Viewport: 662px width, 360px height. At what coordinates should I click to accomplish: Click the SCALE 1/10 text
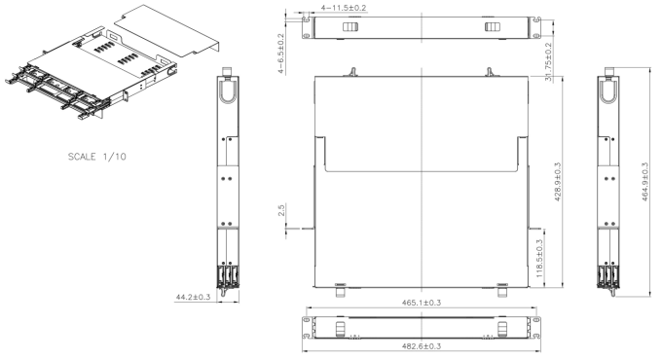97,157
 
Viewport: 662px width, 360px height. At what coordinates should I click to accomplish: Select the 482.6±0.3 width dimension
421,346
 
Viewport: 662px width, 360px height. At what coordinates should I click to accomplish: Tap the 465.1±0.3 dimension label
422,303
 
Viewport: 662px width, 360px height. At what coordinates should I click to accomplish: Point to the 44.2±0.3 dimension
193,297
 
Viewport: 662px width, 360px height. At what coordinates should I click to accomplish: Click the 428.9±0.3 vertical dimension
557,182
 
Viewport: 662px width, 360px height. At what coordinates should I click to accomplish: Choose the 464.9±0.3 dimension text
644,182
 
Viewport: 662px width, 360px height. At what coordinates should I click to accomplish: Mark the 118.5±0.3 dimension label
539,259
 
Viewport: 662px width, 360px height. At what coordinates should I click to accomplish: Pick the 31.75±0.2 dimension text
548,61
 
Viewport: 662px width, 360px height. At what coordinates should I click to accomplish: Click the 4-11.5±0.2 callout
344,8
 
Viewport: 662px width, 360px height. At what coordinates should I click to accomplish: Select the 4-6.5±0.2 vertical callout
281,54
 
